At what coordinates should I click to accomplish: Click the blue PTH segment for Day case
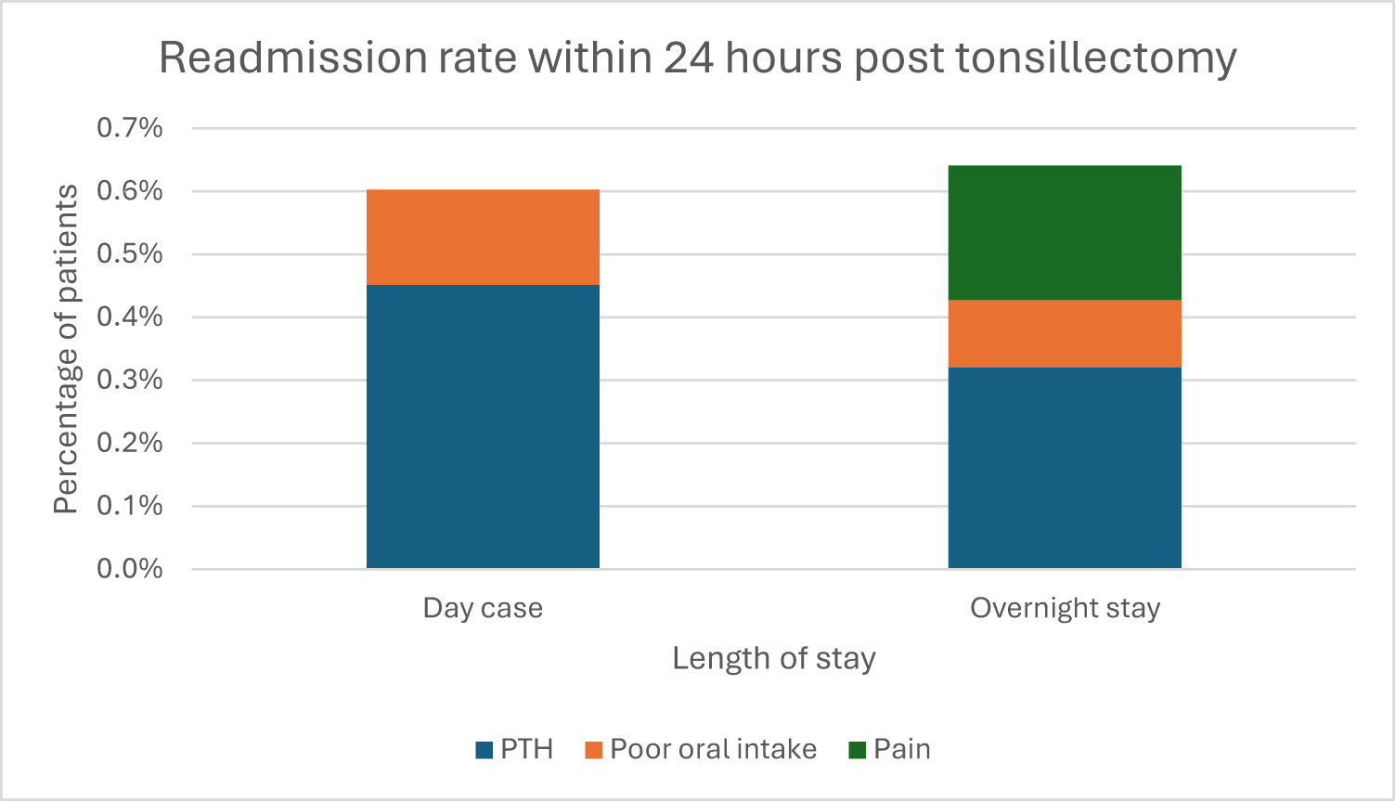[x=483, y=427]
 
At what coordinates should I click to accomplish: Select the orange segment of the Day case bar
[x=483, y=238]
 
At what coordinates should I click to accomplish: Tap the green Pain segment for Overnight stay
[x=1065, y=233]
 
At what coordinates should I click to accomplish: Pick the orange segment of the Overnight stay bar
[x=1065, y=334]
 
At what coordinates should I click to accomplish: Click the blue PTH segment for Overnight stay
[x=1065, y=468]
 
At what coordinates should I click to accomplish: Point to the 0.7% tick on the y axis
[x=130, y=128]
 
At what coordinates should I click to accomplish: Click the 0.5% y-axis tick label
[x=130, y=254]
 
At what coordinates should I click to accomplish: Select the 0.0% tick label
[x=130, y=569]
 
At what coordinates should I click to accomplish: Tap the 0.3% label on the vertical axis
[x=130, y=380]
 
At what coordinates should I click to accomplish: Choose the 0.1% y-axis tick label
[x=130, y=506]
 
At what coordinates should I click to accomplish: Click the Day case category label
[x=483, y=608]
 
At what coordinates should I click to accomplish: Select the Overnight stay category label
[x=1065, y=609]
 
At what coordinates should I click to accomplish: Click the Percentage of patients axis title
[x=65, y=349]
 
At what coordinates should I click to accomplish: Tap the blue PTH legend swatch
[x=484, y=750]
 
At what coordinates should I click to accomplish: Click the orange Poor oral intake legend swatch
[x=593, y=750]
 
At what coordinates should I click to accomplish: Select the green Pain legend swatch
[x=857, y=750]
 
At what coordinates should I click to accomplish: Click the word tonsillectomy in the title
[x=1096, y=59]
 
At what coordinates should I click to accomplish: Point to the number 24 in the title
[x=688, y=58]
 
